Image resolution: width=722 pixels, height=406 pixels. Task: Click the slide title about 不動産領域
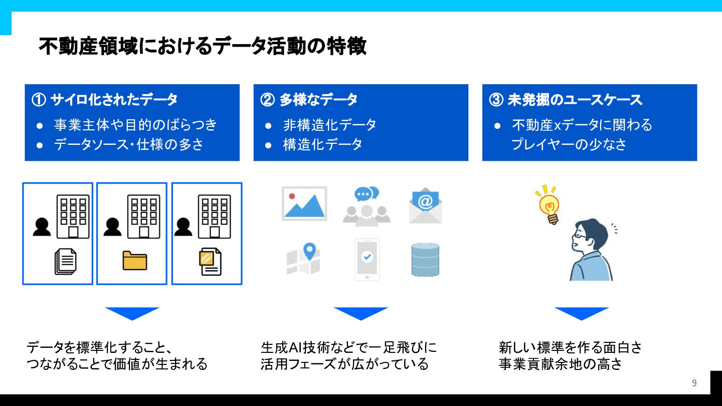(x=202, y=46)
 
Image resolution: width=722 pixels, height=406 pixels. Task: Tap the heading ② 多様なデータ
(x=308, y=100)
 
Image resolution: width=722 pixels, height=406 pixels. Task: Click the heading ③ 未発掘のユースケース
(x=566, y=100)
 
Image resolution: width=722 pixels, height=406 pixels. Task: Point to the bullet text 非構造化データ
(x=329, y=125)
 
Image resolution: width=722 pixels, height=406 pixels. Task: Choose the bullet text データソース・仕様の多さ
(x=129, y=144)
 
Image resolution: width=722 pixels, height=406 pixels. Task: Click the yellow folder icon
(x=135, y=260)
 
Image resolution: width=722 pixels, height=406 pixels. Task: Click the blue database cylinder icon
(x=425, y=260)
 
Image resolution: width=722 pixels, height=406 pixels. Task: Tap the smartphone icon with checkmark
(x=367, y=259)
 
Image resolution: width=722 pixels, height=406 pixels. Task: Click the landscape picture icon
(x=304, y=204)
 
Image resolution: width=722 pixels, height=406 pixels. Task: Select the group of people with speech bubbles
(x=367, y=206)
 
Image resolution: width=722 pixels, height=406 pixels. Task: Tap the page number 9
(x=694, y=383)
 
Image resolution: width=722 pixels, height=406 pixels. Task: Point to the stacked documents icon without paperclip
(x=66, y=261)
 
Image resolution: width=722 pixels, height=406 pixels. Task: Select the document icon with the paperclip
(x=210, y=261)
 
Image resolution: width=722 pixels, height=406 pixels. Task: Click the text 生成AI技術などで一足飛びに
(x=348, y=347)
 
